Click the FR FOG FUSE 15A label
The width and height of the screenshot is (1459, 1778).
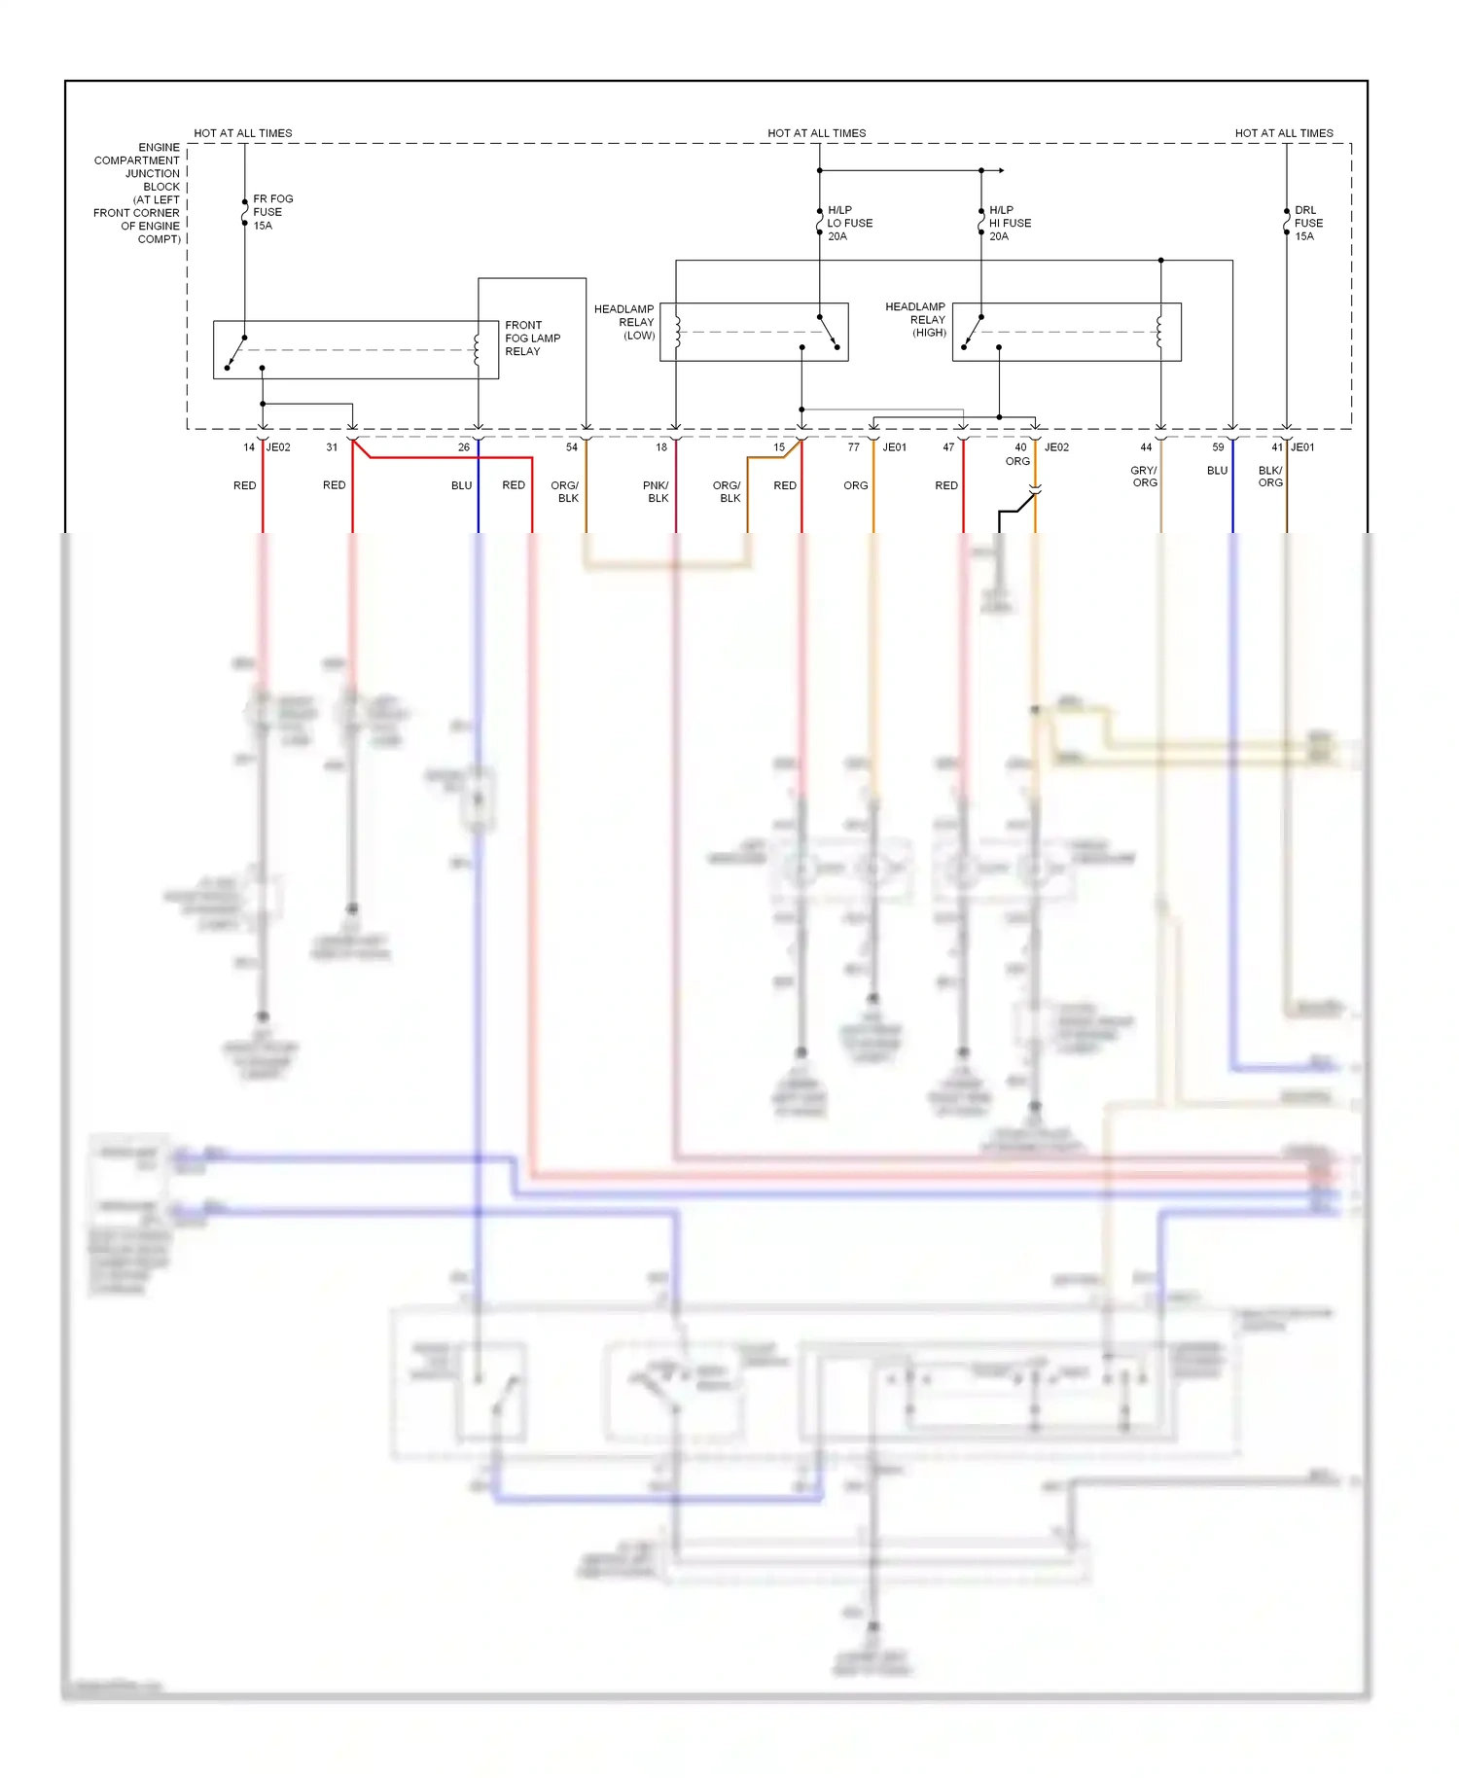tap(272, 212)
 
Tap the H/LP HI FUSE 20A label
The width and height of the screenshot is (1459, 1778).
tap(1010, 223)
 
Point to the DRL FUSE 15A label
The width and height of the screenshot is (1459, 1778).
tap(1307, 223)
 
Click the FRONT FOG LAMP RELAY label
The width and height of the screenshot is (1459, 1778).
tap(531, 338)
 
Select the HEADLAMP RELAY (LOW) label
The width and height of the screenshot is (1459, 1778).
tap(624, 322)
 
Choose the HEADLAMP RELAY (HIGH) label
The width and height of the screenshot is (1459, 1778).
tap(915, 319)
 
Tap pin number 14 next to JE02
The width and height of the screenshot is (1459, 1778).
tap(249, 447)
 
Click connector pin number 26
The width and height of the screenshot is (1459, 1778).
tap(464, 447)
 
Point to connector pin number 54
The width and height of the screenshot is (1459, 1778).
tap(572, 447)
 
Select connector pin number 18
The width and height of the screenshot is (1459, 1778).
tap(661, 447)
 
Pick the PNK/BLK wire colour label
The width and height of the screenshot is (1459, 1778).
tap(657, 491)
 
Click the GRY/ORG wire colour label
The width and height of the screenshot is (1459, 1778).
tap(1144, 477)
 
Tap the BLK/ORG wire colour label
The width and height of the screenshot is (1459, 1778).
tap(1270, 477)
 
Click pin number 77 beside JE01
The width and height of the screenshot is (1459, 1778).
tap(853, 447)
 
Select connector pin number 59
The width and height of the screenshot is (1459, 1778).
tap(1218, 447)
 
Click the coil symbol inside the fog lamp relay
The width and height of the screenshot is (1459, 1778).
tap(476, 350)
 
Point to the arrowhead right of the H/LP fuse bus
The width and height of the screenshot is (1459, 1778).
tap(1001, 170)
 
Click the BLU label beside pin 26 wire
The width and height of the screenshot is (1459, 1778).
tap(461, 485)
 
